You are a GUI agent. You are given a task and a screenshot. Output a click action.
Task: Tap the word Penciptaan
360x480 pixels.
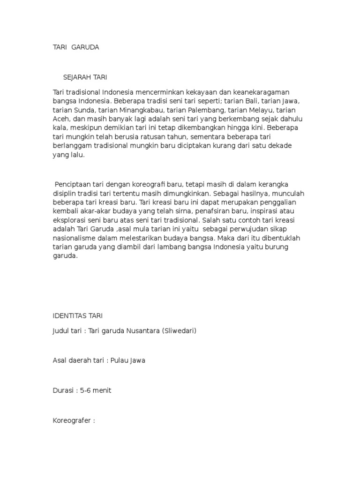tap(72, 184)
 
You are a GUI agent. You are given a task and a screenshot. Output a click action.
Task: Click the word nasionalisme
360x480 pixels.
tap(73, 238)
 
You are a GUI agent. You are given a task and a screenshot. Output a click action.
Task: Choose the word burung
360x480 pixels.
tap(277, 247)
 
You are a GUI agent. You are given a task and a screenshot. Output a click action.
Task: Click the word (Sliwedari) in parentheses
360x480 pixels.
tap(179, 331)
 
